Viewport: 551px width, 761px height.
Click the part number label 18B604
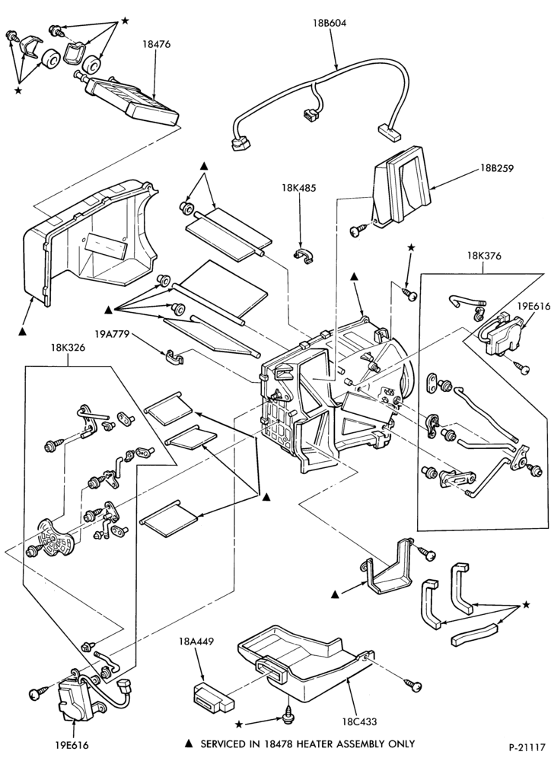click(x=330, y=22)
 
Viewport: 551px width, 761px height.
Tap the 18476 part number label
click(x=156, y=44)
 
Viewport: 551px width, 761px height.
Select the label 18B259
click(x=497, y=168)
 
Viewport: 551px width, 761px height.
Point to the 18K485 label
click(x=298, y=187)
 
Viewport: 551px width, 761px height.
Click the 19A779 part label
click(x=112, y=334)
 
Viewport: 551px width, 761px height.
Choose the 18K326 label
click(x=68, y=348)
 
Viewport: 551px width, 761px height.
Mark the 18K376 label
click(x=484, y=256)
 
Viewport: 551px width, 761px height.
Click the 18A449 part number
click(x=196, y=642)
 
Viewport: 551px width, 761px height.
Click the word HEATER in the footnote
click(x=312, y=743)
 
